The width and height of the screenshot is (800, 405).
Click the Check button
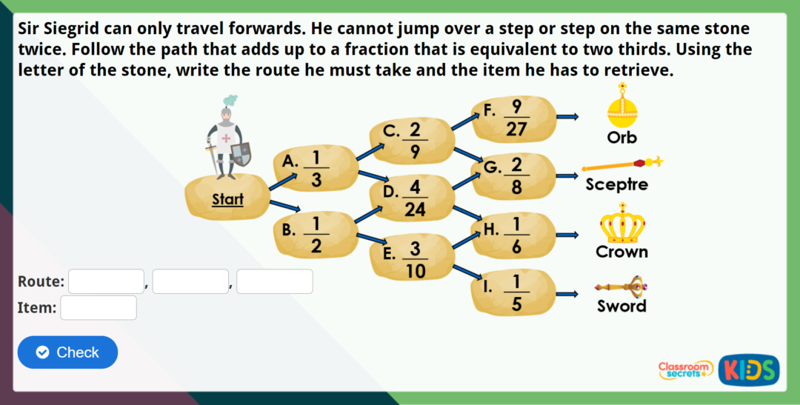(x=67, y=352)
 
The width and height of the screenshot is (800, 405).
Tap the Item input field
(x=99, y=307)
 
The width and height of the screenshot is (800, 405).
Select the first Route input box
(x=106, y=281)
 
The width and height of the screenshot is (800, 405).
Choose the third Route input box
(x=274, y=281)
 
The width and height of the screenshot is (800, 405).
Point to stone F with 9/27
(x=514, y=118)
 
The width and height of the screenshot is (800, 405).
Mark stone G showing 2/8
(x=514, y=176)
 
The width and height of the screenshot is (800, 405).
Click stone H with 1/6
(x=514, y=235)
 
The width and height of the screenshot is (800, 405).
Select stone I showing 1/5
(x=514, y=292)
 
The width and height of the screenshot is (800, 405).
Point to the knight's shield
(x=241, y=154)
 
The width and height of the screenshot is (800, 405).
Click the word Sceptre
(x=616, y=185)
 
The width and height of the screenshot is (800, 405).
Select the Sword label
(x=621, y=306)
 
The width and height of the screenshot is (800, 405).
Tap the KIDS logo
(x=748, y=369)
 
